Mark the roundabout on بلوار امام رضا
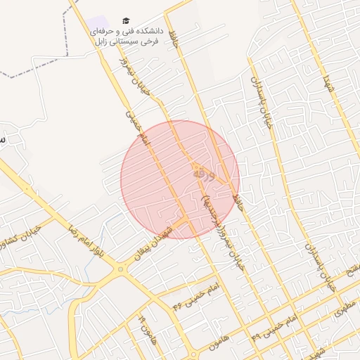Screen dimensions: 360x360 (121, 268)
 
